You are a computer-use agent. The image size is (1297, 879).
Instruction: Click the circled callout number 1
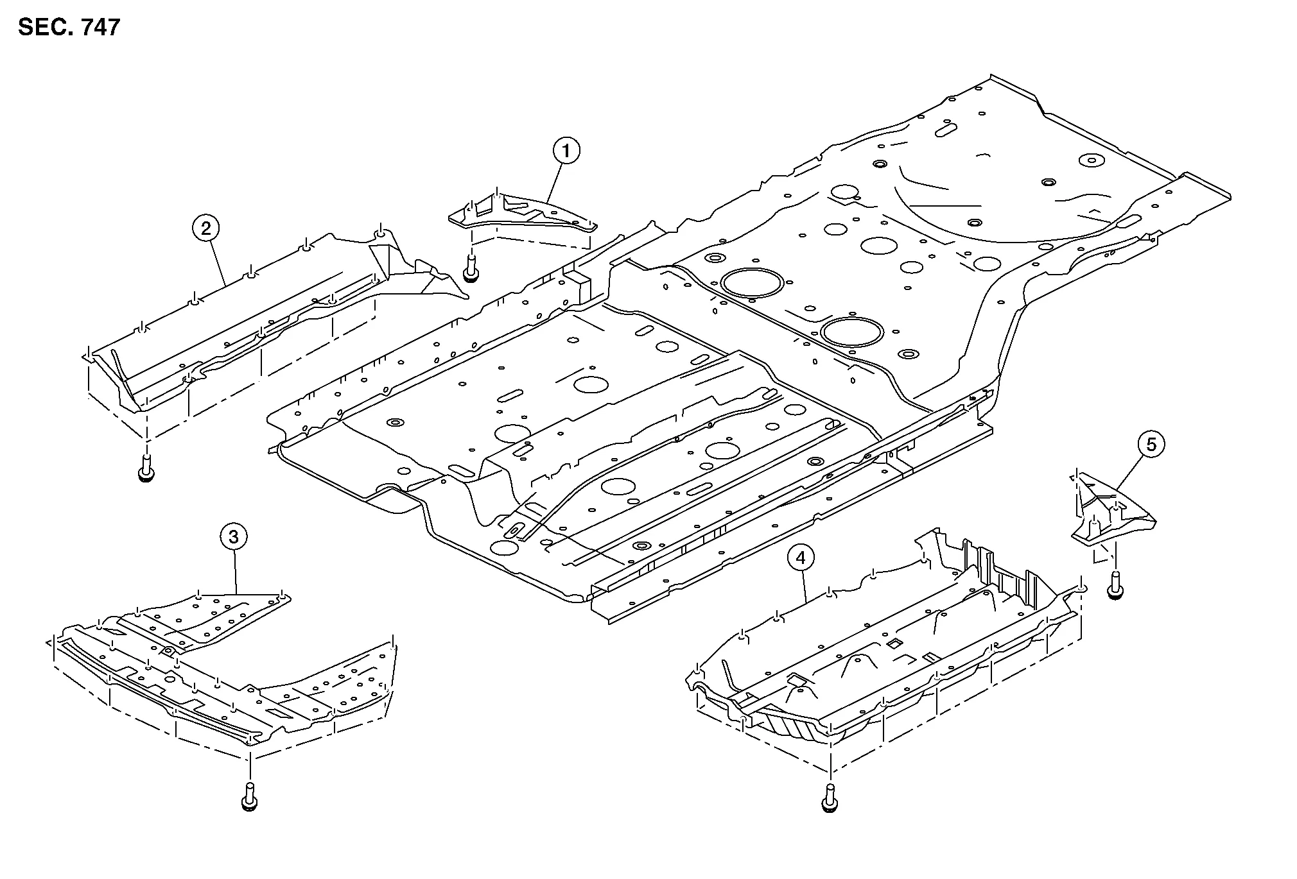point(566,151)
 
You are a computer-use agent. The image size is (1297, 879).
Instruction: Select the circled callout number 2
point(205,228)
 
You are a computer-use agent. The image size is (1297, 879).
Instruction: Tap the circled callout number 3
point(233,536)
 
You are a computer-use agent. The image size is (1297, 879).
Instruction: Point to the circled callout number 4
point(800,558)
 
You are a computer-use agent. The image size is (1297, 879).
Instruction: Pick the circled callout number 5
point(1151,444)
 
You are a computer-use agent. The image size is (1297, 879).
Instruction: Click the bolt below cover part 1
point(471,268)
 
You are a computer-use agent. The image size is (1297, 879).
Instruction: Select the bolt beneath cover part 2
point(146,468)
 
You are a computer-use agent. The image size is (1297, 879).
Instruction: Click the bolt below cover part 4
point(829,799)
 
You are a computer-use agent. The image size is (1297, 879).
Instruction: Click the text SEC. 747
point(69,27)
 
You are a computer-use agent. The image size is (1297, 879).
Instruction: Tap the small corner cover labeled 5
point(1111,513)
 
